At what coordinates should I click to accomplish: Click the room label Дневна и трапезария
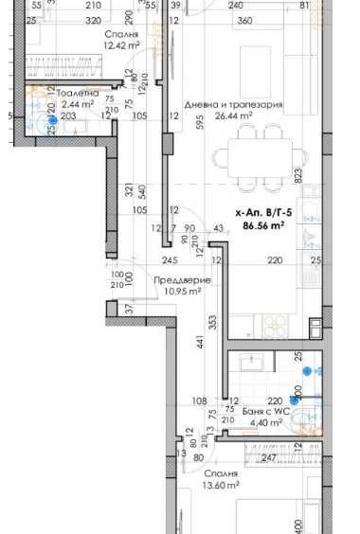point(232,103)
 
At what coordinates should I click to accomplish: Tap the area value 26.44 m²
point(233,116)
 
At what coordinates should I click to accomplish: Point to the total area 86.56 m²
point(265,227)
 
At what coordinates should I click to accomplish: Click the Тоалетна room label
point(78,95)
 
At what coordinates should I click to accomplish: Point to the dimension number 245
point(170,260)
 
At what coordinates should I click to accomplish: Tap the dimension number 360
point(244,19)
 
